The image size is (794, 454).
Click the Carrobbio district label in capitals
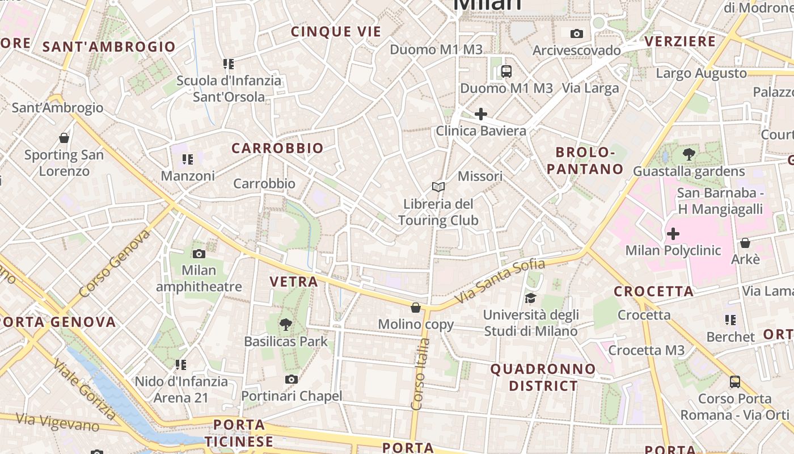tap(277, 149)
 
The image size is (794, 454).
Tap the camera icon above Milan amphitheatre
tap(199, 254)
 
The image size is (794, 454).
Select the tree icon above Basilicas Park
tap(286, 325)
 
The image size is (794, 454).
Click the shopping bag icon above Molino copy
tap(416, 308)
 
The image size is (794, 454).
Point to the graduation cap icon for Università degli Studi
tap(531, 298)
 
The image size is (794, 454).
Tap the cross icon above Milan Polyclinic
tap(673, 233)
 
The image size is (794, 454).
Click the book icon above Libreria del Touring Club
tap(438, 187)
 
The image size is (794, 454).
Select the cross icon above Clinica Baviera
tap(481, 114)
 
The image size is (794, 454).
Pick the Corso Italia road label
tap(420, 374)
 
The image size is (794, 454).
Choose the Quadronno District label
tap(543, 377)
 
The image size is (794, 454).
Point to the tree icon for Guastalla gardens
tap(689, 154)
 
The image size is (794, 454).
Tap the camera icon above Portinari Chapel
tap(292, 379)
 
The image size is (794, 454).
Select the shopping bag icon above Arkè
tap(745, 243)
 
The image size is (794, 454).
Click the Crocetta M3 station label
tap(646, 350)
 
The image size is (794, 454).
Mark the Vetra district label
tap(294, 281)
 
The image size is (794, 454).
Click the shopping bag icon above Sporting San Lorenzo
tap(64, 138)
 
